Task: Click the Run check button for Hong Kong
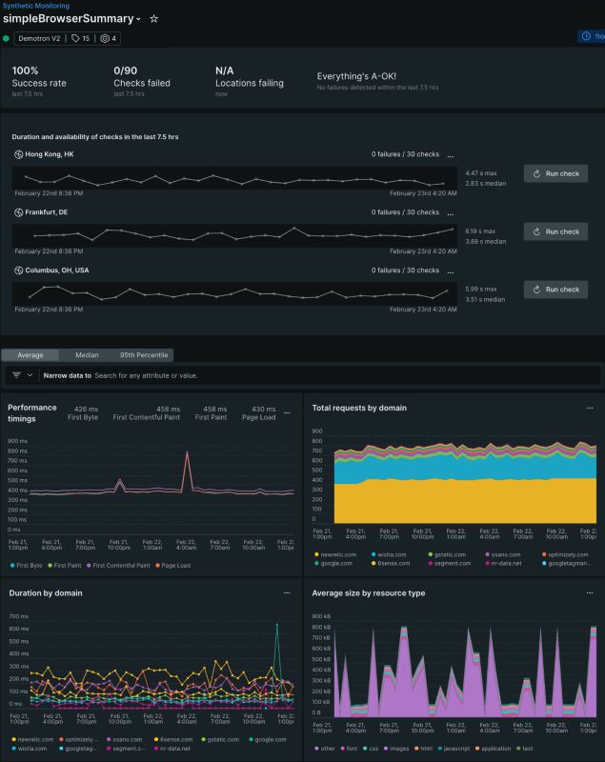click(555, 173)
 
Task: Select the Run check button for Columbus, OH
click(555, 290)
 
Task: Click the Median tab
click(87, 355)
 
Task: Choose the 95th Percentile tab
click(144, 355)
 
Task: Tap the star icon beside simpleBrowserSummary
click(154, 19)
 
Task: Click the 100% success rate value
click(26, 70)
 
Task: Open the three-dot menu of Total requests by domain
click(590, 408)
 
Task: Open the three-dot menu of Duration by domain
click(287, 592)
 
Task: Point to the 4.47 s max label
click(483, 173)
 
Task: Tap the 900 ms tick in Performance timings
click(17, 441)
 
